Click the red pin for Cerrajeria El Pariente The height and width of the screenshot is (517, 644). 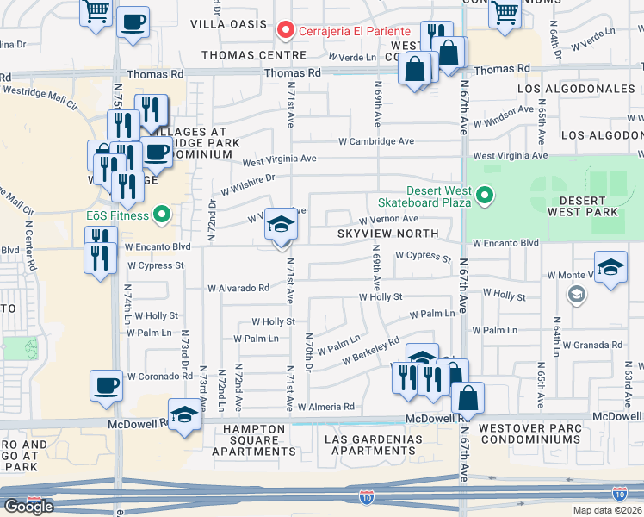pyautogui.click(x=286, y=30)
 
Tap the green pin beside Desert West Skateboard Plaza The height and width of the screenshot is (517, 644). pyautogui.click(x=485, y=196)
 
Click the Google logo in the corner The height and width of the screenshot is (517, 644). pyautogui.click(x=28, y=506)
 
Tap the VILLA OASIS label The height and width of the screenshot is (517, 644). pyautogui.click(x=230, y=23)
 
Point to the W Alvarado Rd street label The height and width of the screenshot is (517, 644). pyautogui.click(x=238, y=289)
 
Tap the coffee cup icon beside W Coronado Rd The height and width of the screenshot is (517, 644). pyautogui.click(x=107, y=384)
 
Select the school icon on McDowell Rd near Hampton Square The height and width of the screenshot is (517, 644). pyautogui.click(x=183, y=415)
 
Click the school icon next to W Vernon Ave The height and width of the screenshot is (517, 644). pyautogui.click(x=280, y=225)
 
